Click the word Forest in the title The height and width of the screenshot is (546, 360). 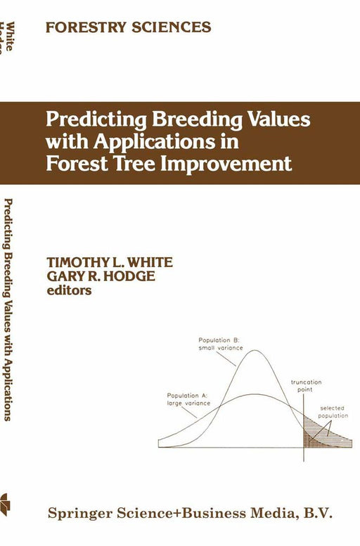[77, 164]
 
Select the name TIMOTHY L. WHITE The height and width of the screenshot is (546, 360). [100, 261]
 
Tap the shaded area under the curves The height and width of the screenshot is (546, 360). [315, 437]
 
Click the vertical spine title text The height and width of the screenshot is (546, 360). [8, 309]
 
